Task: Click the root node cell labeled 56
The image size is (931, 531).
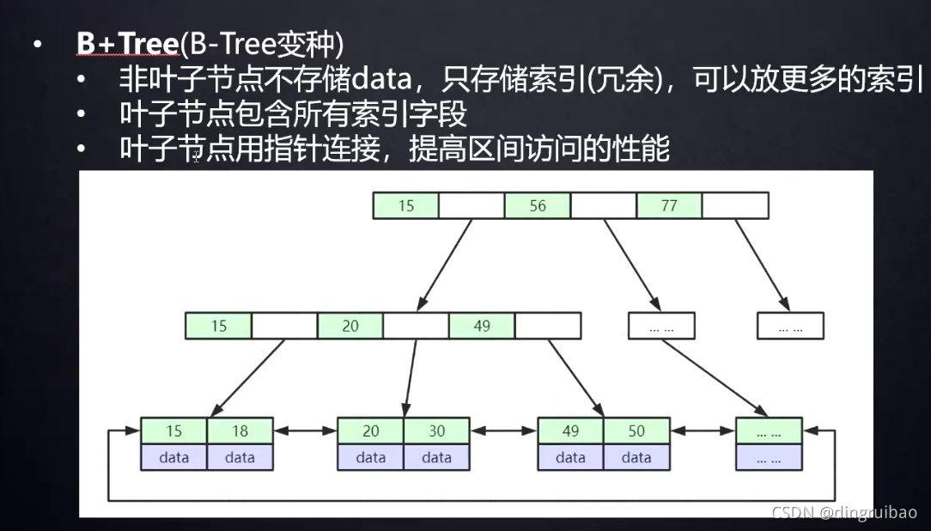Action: click(x=538, y=206)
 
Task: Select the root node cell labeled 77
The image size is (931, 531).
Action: click(x=669, y=206)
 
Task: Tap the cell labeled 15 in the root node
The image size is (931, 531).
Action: click(x=405, y=206)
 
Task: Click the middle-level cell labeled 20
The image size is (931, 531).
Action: click(x=350, y=327)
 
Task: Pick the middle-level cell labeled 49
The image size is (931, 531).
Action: click(x=482, y=327)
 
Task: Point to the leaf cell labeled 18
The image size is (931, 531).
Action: click(x=240, y=431)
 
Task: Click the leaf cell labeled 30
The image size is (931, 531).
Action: click(x=436, y=431)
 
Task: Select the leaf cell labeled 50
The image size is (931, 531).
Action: click(x=636, y=431)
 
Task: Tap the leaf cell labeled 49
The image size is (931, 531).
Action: click(x=570, y=431)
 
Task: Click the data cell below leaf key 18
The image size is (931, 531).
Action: click(x=240, y=457)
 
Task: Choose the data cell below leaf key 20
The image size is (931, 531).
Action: click(x=370, y=457)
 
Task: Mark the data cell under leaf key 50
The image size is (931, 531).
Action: click(x=636, y=457)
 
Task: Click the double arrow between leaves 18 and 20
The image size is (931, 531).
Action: click(x=305, y=431)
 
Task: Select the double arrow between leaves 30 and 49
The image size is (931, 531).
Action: click(x=503, y=431)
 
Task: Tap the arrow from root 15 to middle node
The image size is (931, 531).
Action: click(x=445, y=263)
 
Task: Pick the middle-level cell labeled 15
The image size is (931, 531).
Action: click(x=218, y=327)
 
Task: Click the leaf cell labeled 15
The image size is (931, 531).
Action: click(x=173, y=431)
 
